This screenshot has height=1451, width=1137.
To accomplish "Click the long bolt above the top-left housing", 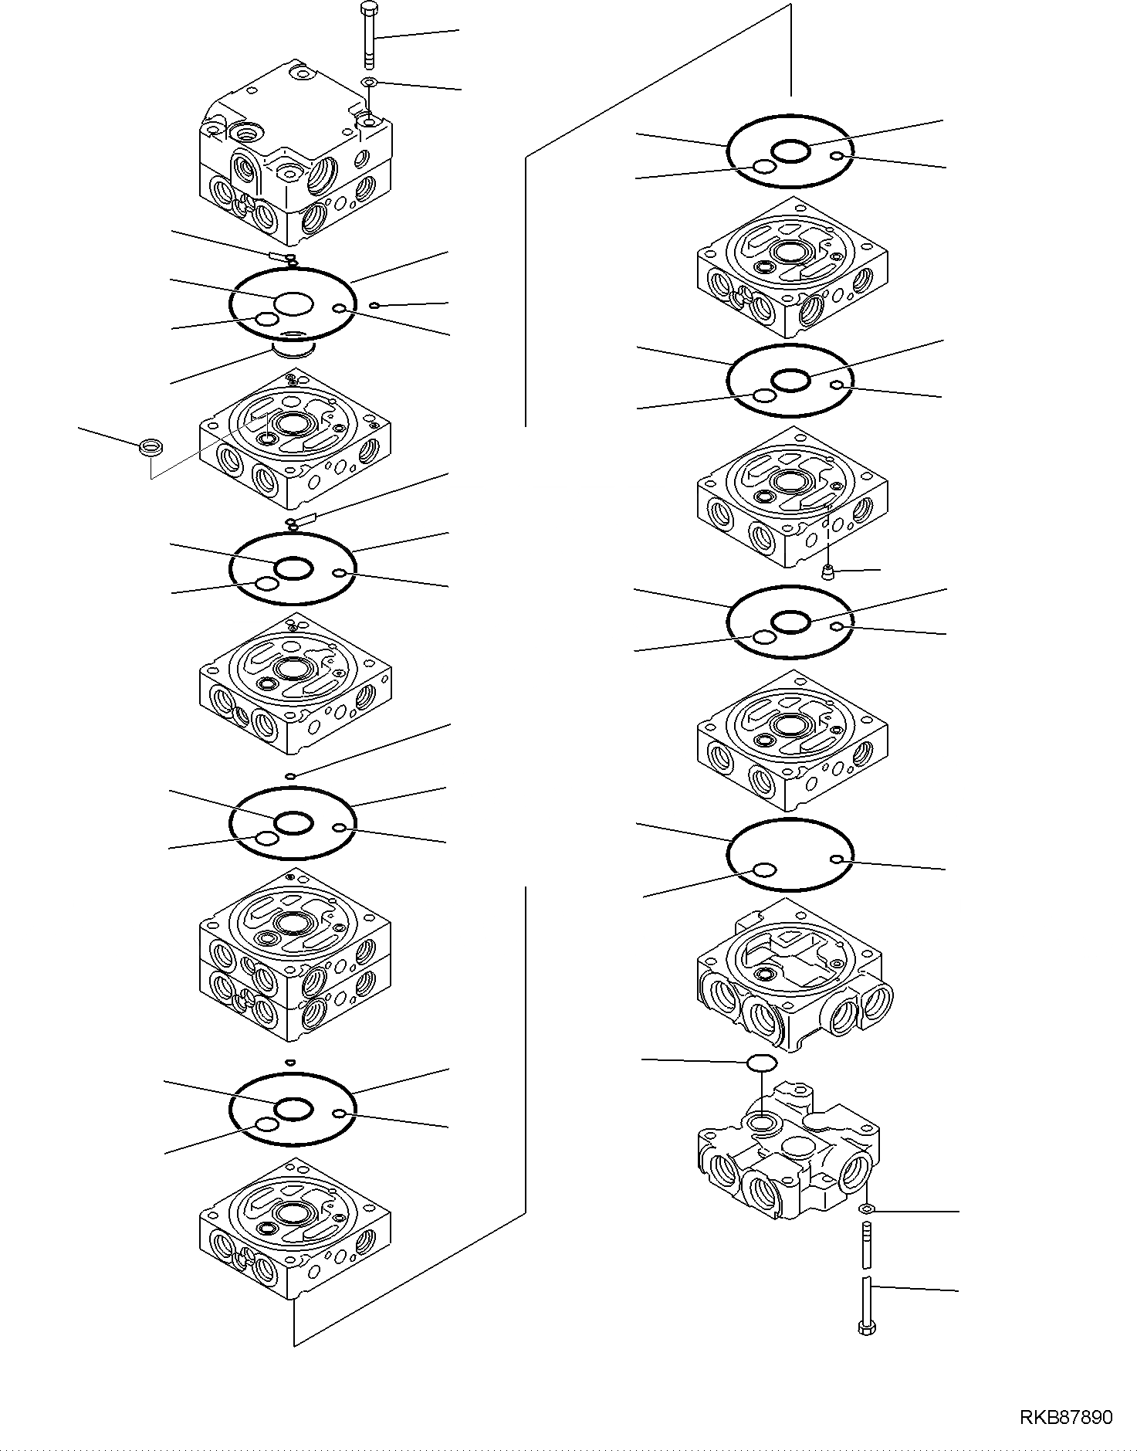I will pyautogui.click(x=369, y=35).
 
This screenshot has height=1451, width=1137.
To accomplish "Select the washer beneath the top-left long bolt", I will pyautogui.click(x=370, y=82).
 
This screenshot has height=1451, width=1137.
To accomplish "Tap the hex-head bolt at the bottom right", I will pyautogui.click(x=866, y=1304).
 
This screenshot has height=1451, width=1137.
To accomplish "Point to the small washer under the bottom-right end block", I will pyautogui.click(x=866, y=1209).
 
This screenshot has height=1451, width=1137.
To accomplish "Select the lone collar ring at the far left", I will pyautogui.click(x=151, y=447).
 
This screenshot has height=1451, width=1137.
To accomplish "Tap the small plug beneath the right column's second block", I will pyautogui.click(x=829, y=572).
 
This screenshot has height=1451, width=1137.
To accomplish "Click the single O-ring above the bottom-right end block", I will pyautogui.click(x=762, y=1063).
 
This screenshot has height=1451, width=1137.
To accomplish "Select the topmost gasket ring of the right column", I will pyautogui.click(x=791, y=151).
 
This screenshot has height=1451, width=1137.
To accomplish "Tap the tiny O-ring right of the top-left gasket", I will pyautogui.click(x=374, y=306).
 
